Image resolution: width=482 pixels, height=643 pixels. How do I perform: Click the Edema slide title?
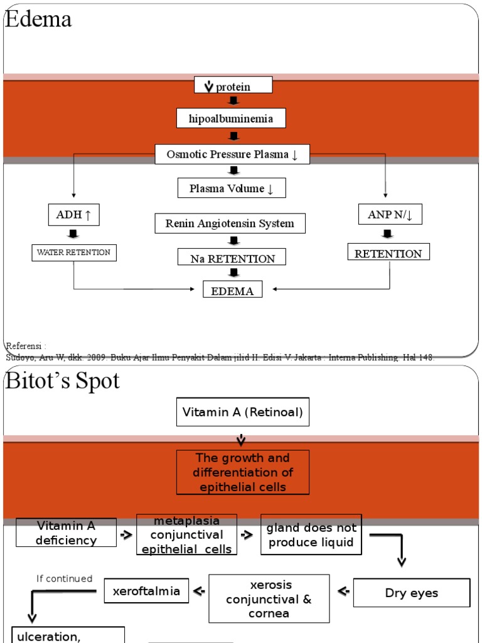click(x=38, y=19)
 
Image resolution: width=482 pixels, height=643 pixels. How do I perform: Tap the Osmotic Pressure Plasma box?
click(x=232, y=154)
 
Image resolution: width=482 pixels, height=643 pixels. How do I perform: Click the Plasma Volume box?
click(x=232, y=188)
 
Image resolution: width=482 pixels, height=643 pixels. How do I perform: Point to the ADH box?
click(x=74, y=215)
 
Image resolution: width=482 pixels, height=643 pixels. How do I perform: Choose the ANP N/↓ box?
click(x=390, y=215)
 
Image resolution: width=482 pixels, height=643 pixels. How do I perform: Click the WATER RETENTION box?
click(x=74, y=252)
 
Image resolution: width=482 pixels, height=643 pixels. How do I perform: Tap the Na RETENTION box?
click(x=233, y=258)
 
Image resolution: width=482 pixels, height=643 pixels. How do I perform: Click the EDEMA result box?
click(x=233, y=290)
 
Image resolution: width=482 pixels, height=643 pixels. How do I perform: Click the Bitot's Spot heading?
click(x=62, y=381)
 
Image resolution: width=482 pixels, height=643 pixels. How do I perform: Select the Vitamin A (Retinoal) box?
click(x=242, y=413)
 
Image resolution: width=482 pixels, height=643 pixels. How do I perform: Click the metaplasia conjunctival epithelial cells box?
click(x=187, y=534)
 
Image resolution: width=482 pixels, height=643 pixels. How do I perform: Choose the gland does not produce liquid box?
click(x=311, y=535)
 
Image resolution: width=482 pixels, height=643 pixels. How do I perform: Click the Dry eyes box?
click(x=412, y=593)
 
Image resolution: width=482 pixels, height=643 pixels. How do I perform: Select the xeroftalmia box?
click(x=146, y=591)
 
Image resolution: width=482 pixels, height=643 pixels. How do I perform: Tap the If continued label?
click(x=64, y=578)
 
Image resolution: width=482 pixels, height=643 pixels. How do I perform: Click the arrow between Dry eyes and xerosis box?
click(x=343, y=591)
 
